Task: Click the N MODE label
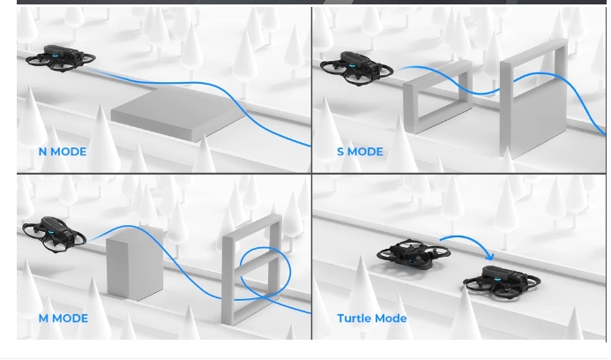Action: pos(63,152)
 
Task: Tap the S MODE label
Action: pos(360,152)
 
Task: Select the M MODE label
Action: pos(63,319)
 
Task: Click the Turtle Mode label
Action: pos(372,319)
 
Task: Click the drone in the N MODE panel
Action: pos(61,58)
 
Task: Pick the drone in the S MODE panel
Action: pos(356,68)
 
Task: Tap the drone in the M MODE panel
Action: pos(54,234)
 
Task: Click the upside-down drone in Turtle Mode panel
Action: pos(413,254)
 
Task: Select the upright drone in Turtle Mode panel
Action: pos(502,281)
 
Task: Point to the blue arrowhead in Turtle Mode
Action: pos(490,257)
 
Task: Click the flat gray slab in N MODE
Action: pos(178,113)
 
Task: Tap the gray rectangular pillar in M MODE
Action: pos(134,263)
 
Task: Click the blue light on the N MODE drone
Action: pos(55,56)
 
